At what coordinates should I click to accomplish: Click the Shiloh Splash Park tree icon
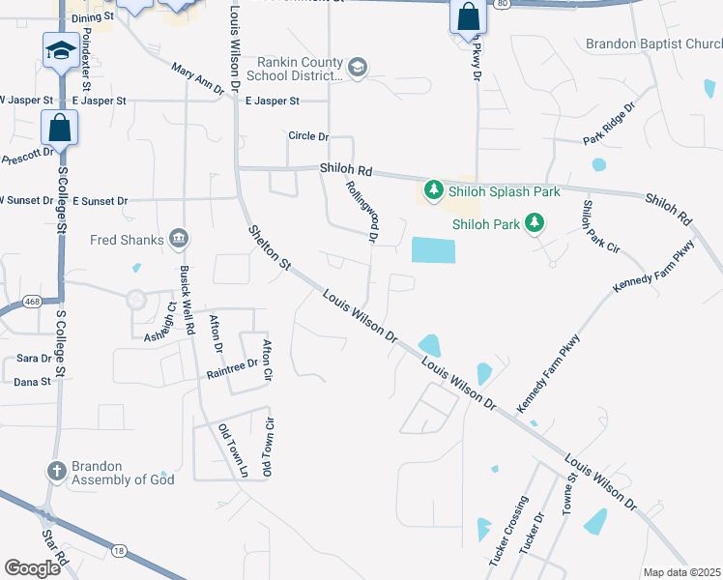435,191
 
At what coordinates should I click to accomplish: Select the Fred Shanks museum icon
178,239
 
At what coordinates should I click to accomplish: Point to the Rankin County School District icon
358,67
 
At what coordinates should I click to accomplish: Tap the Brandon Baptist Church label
653,43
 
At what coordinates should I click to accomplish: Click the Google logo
33,568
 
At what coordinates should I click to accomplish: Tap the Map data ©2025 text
680,572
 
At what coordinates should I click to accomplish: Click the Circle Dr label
308,136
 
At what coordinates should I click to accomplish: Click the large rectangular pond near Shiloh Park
432,250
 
